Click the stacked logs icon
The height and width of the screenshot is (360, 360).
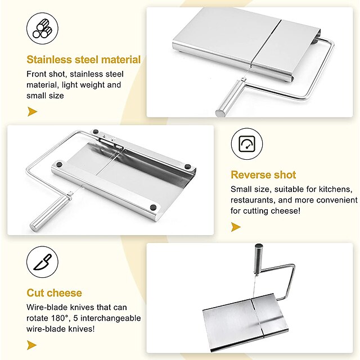pos(42,28)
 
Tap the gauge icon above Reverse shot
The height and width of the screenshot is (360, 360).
pos(247,144)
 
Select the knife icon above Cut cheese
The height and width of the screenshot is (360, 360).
pos(42,262)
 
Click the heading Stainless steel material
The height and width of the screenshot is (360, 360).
pos(84,60)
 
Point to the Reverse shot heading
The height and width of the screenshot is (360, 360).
pos(263,175)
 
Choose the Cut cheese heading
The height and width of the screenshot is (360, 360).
pos(54,293)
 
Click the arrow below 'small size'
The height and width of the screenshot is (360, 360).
pos(32,111)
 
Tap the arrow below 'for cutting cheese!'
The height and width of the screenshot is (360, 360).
pos(236,227)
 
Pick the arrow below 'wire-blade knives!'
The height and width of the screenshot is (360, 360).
pos(31,345)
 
